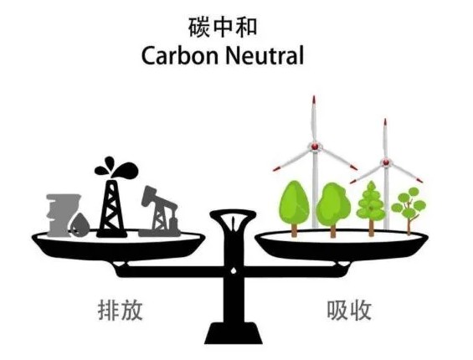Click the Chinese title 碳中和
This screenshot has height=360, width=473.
point(223,28)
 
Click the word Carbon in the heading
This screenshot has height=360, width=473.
point(179,56)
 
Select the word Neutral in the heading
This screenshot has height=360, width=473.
point(265,56)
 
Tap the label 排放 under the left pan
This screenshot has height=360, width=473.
point(120,310)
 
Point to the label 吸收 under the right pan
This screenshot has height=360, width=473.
point(349,310)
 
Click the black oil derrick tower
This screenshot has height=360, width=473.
point(111,208)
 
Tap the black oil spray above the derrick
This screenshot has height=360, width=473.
point(116,167)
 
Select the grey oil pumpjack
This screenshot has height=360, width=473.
point(159,211)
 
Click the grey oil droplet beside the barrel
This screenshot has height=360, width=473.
point(80,225)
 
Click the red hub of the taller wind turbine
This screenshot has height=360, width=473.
point(315,147)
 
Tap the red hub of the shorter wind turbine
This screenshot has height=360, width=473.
point(386,162)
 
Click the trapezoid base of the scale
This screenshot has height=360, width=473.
point(234,333)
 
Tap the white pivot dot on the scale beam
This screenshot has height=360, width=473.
point(234,270)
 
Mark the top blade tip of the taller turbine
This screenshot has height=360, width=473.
point(314,96)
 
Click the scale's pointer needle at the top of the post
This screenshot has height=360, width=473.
point(234,222)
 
